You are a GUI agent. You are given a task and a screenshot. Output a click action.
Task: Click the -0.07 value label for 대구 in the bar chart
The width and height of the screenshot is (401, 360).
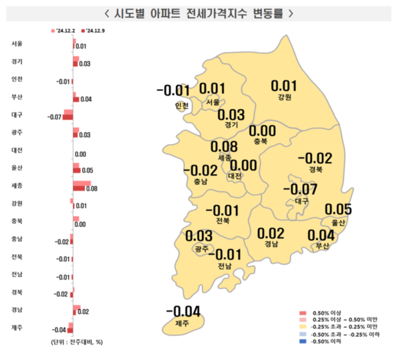53,118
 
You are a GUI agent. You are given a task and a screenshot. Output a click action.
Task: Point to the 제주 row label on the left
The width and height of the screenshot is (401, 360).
17,327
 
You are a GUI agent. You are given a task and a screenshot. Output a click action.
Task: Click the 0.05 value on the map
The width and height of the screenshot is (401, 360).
338,209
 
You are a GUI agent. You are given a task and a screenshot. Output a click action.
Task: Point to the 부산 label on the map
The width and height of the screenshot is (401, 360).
321,246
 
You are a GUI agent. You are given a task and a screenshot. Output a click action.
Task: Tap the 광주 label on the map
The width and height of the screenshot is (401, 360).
200,249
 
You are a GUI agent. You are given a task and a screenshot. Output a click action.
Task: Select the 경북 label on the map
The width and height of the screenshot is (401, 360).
314,170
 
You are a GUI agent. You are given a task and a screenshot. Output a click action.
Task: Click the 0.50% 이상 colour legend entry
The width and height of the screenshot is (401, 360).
327,313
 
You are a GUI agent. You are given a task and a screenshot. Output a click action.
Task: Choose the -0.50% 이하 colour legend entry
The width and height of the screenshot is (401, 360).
327,341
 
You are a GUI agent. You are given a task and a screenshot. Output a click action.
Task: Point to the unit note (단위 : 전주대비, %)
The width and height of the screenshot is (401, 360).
77,342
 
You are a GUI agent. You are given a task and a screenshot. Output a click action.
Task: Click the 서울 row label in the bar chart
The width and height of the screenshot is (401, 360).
17,44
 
